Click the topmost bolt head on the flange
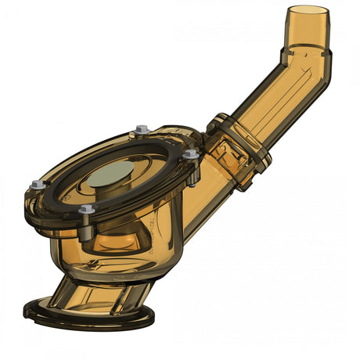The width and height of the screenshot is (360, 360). pyautogui.click(x=142, y=129)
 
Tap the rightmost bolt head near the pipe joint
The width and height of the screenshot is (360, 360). pyautogui.click(x=190, y=155)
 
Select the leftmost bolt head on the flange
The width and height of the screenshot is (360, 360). pyautogui.click(x=37, y=185)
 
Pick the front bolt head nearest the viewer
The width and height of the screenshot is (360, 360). pyautogui.click(x=86, y=210)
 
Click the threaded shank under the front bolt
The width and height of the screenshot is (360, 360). pyautogui.click(x=88, y=227)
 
